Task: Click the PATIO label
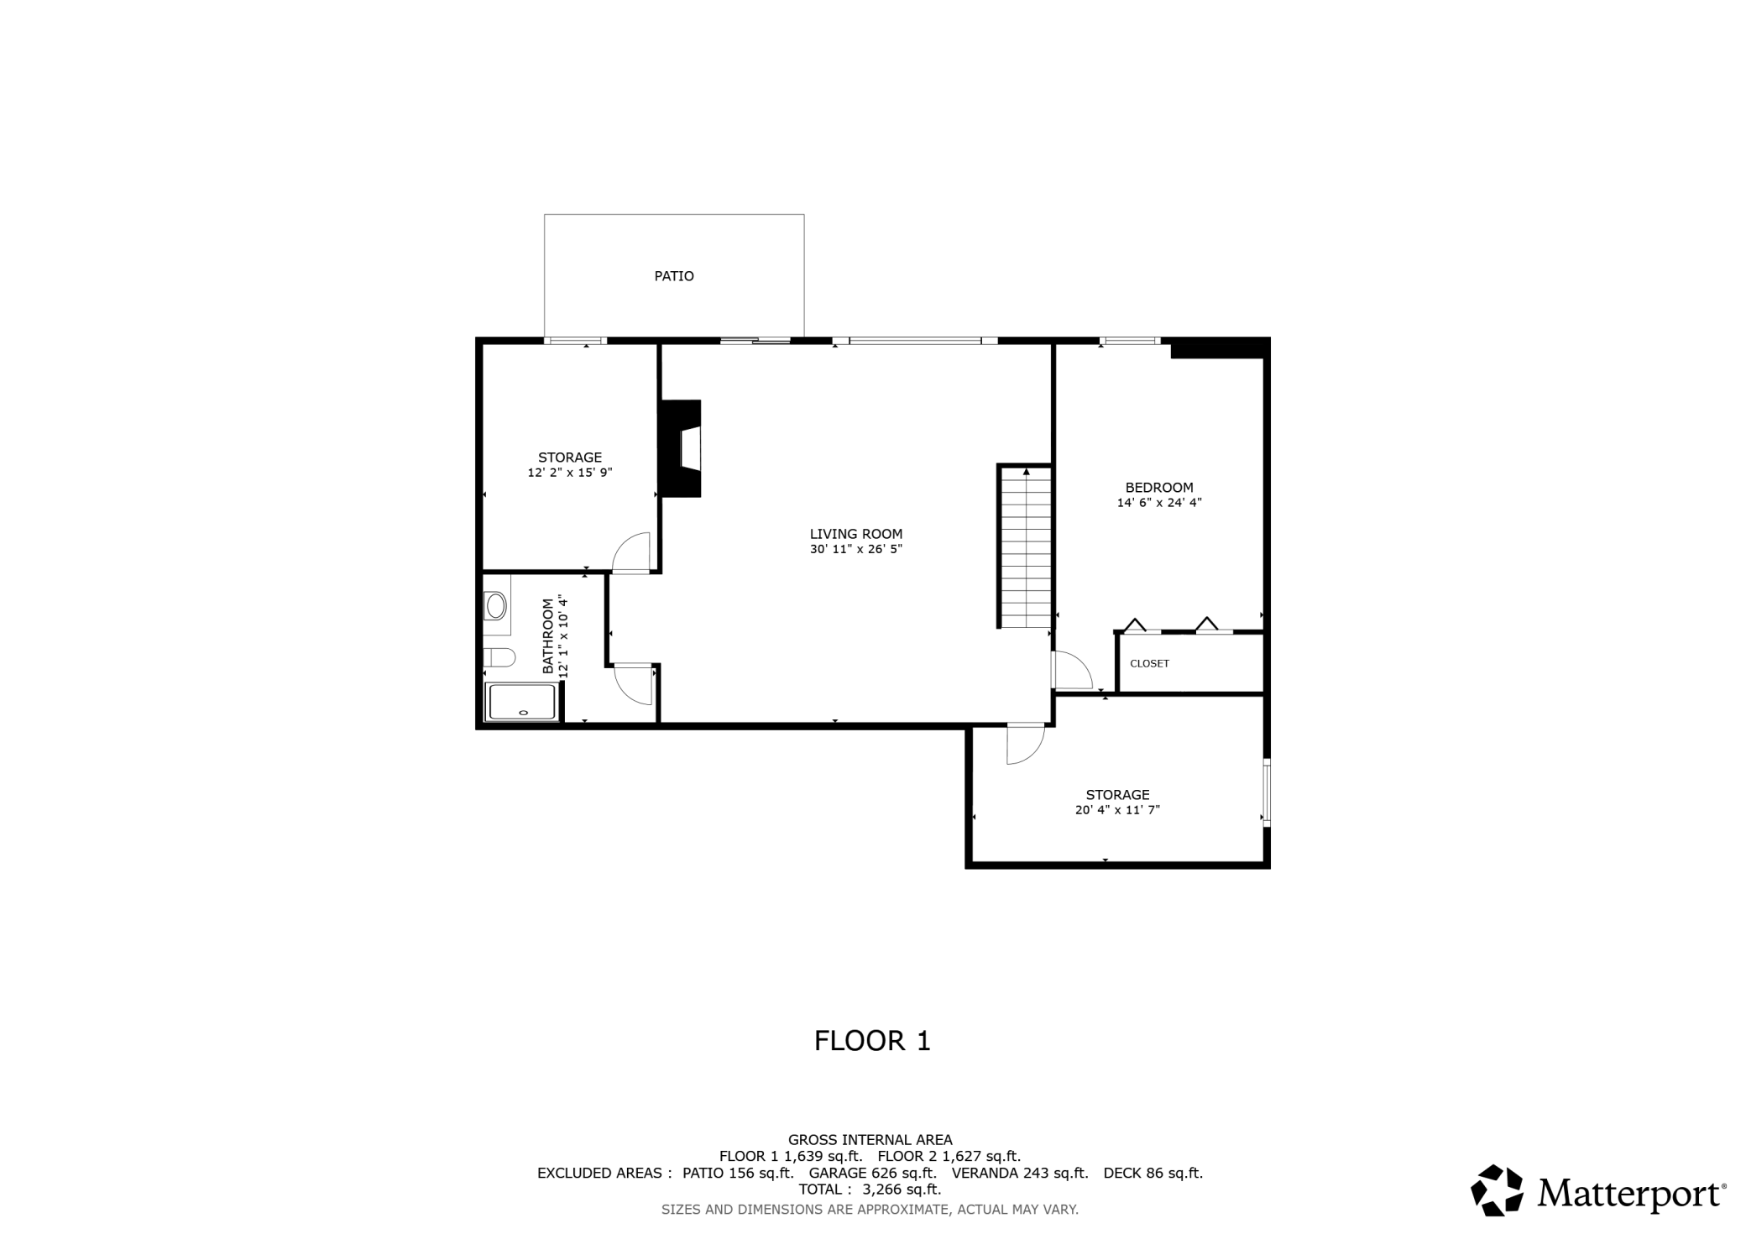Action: (674, 276)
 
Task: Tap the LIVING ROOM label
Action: (855, 534)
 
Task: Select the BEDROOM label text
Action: (1158, 488)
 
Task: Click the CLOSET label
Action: (1149, 663)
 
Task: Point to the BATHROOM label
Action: (548, 635)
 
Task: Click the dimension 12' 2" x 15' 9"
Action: (570, 473)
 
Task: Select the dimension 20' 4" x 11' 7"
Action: (1117, 810)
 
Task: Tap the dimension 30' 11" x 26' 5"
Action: (855, 550)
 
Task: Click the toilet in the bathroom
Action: (499, 657)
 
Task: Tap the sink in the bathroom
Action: (495, 604)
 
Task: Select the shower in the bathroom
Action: (522, 702)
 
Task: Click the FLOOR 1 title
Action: (872, 1041)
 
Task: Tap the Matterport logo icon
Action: (1497, 1190)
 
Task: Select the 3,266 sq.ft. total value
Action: (895, 1190)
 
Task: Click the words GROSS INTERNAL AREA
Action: (870, 1140)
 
